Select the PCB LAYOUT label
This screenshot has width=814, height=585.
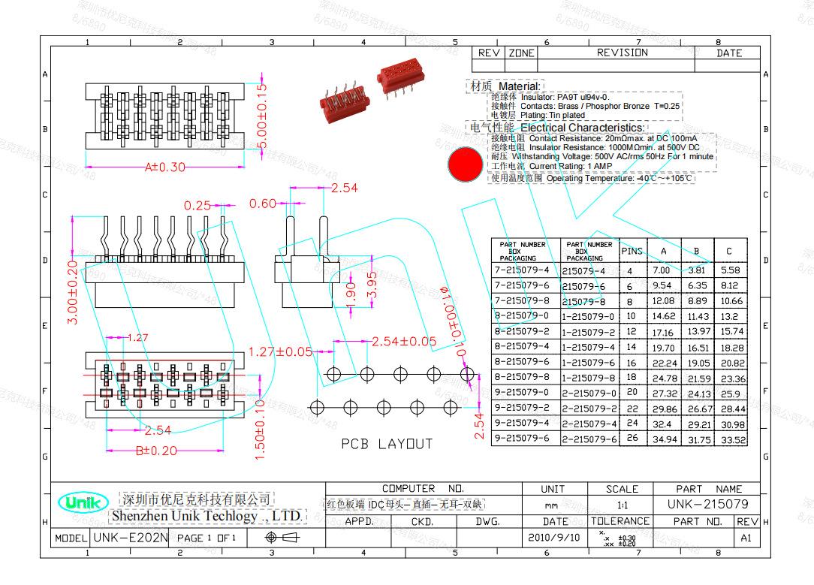pyautogui.click(x=387, y=444)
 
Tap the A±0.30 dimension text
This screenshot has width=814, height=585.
pyautogui.click(x=164, y=167)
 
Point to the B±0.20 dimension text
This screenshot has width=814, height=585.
pyautogui.click(x=156, y=451)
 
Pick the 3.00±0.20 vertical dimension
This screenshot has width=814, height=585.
pyautogui.click(x=73, y=292)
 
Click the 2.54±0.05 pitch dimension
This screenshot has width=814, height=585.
pyautogui.click(x=403, y=342)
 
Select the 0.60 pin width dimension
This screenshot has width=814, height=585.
pyautogui.click(x=263, y=204)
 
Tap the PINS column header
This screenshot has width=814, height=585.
pyautogui.click(x=632, y=251)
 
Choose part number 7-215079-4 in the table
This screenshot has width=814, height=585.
pyautogui.click(x=522, y=270)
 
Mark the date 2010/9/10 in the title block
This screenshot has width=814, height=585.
pyautogui.click(x=555, y=538)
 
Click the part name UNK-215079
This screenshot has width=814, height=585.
pyautogui.click(x=707, y=504)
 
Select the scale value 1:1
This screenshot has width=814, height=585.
pyautogui.click(x=622, y=505)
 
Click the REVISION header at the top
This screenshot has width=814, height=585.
pyautogui.click(x=622, y=53)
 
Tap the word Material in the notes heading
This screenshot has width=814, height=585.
pyautogui.click(x=519, y=87)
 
